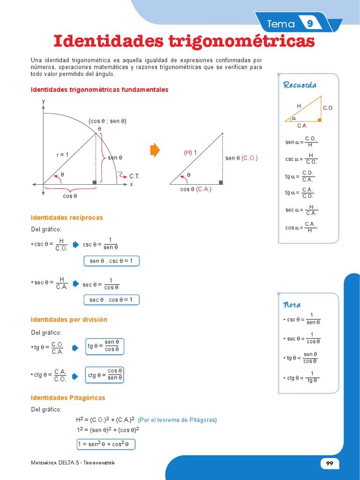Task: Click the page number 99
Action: pos(330,463)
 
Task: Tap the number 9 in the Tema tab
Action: pos(310,24)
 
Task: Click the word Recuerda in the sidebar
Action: pos(300,85)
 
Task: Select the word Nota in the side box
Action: pos(292,305)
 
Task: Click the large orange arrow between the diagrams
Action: pos(155,150)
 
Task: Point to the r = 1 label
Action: pos(62,155)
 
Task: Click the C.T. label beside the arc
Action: pos(135,176)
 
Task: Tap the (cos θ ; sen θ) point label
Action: pos(108,121)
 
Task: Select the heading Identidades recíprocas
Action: pos(67,217)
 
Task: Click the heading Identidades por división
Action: pos(69,320)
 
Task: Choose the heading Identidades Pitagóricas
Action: pos(68,397)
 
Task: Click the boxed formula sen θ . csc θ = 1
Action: pos(112,261)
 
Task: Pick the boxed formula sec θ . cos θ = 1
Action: pos(111,300)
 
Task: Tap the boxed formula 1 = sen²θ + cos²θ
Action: pos(105,444)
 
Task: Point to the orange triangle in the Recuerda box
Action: pos(307,111)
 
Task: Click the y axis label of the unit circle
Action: pos(43,101)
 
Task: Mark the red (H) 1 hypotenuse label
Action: pos(190,152)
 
